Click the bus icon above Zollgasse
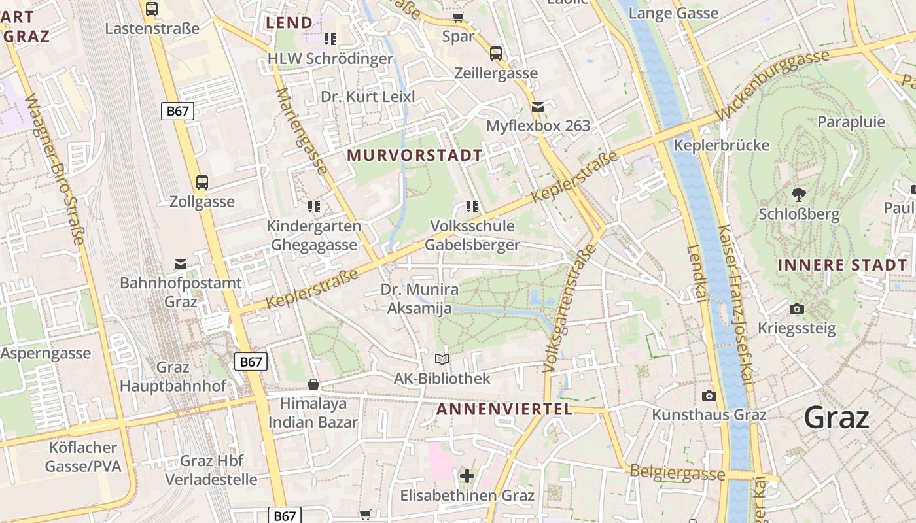pyautogui.click(x=202, y=182)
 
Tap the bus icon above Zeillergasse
pyautogui.click(x=496, y=54)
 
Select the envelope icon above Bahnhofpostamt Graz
pyautogui.click(x=181, y=264)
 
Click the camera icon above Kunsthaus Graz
pyautogui.click(x=709, y=396)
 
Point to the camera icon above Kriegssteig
pyautogui.click(x=797, y=309)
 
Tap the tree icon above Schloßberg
pyautogui.click(x=798, y=194)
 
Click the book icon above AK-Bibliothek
pyautogui.click(x=442, y=359)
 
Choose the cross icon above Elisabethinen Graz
pyautogui.click(x=467, y=476)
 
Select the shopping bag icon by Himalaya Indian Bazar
pyautogui.click(x=313, y=384)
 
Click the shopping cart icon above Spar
pyautogui.click(x=458, y=17)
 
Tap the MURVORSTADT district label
pyautogui.click(x=415, y=156)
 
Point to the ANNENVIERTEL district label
pyautogui.click(x=504, y=410)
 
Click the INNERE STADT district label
pyautogui.click(x=843, y=265)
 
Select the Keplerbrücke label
pyautogui.click(x=722, y=145)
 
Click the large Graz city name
pyautogui.click(x=836, y=417)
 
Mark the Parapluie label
pyautogui.click(x=851, y=122)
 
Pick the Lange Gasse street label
pyautogui.click(x=673, y=13)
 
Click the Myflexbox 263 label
pyautogui.click(x=538, y=126)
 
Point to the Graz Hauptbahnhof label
pyautogui.click(x=173, y=377)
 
